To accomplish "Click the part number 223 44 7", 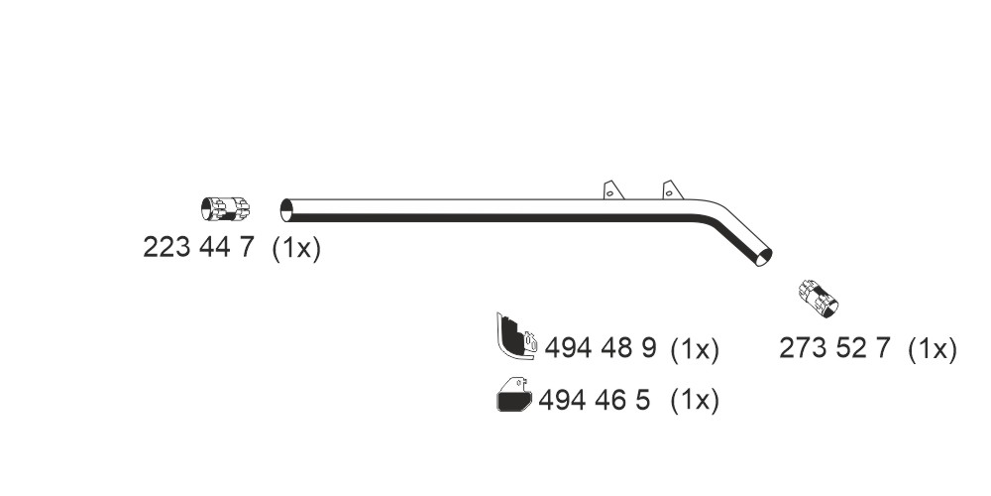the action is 198,247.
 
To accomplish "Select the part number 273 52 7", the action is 834,348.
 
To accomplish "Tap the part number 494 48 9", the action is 601,347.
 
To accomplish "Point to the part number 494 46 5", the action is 594,400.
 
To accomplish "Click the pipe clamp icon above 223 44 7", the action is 225,209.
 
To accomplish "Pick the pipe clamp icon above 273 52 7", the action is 818,298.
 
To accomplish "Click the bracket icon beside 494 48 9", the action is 516,336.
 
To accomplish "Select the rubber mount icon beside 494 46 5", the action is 514,394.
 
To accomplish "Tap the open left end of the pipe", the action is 286,210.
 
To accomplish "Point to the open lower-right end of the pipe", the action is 763,257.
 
